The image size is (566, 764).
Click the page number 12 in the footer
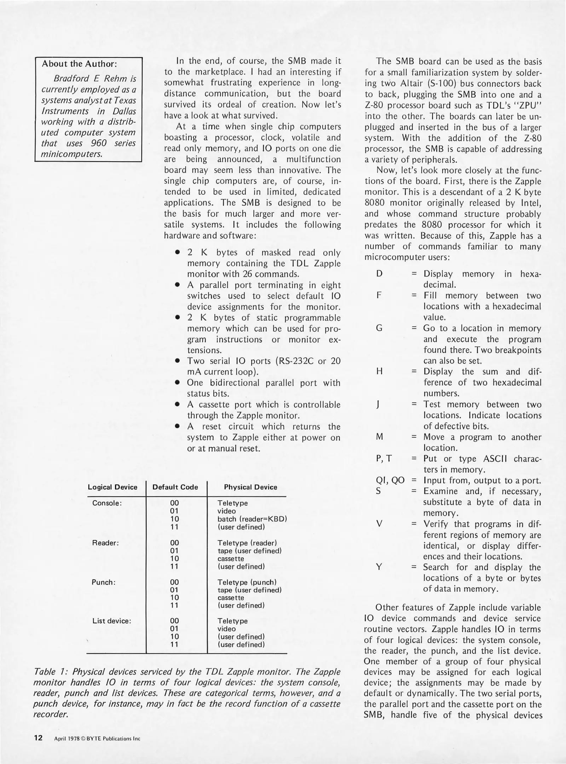click(x=38, y=737)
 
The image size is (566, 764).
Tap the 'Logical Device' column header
click(x=112, y=487)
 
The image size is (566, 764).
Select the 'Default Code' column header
click(x=175, y=487)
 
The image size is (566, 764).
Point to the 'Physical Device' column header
click(x=250, y=487)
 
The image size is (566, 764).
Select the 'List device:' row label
click(x=112, y=621)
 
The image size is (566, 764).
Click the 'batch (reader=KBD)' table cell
click(x=252, y=519)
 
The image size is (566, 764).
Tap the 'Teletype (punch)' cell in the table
click(x=247, y=582)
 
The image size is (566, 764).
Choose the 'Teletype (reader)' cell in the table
click(x=247, y=543)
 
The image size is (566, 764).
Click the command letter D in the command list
click(x=379, y=274)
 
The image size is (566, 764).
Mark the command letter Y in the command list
click(x=379, y=567)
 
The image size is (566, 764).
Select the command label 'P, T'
click(x=384, y=459)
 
